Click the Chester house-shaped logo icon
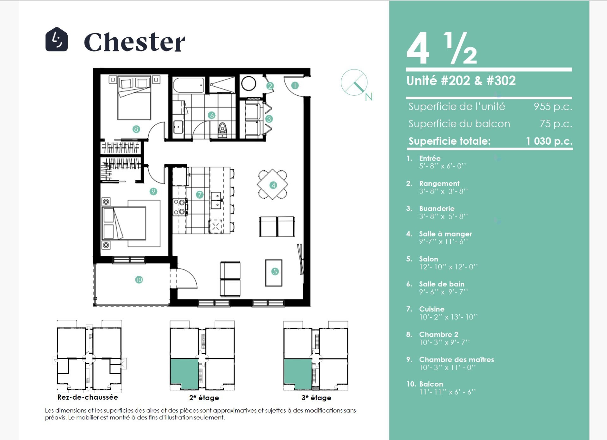(57, 39)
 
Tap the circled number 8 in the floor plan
(136, 129)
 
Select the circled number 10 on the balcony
(139, 280)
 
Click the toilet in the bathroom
(223, 130)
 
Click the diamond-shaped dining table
(273, 184)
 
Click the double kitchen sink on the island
(217, 200)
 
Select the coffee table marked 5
(274, 273)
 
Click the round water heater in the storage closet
(248, 84)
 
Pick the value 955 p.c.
(553, 106)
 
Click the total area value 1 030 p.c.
(549, 141)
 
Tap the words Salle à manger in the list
(445, 234)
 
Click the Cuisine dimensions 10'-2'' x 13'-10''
(448, 317)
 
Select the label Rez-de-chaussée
(88, 397)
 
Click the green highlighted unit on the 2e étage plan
(184, 373)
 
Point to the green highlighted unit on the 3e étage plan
(298, 373)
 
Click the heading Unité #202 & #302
(461, 81)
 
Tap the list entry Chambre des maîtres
(457, 359)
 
